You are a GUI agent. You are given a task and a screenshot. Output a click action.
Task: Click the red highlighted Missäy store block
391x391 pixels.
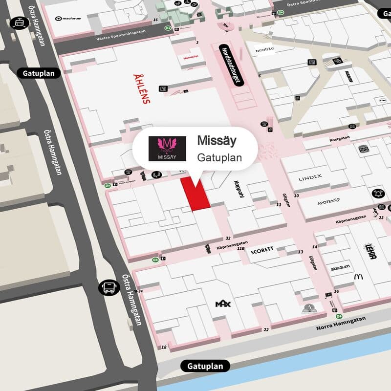click(195, 194)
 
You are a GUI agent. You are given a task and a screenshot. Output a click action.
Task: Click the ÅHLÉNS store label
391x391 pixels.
click(142, 88)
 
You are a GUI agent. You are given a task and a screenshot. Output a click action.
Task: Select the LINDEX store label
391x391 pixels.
click(310, 178)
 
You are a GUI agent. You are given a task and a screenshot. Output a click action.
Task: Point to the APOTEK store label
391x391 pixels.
click(328, 202)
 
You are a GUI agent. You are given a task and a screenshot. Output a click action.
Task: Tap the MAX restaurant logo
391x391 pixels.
click(223, 304)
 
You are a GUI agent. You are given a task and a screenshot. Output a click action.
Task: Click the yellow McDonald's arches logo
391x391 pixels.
click(359, 277)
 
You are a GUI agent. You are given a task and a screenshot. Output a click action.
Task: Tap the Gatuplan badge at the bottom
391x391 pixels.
click(205, 366)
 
